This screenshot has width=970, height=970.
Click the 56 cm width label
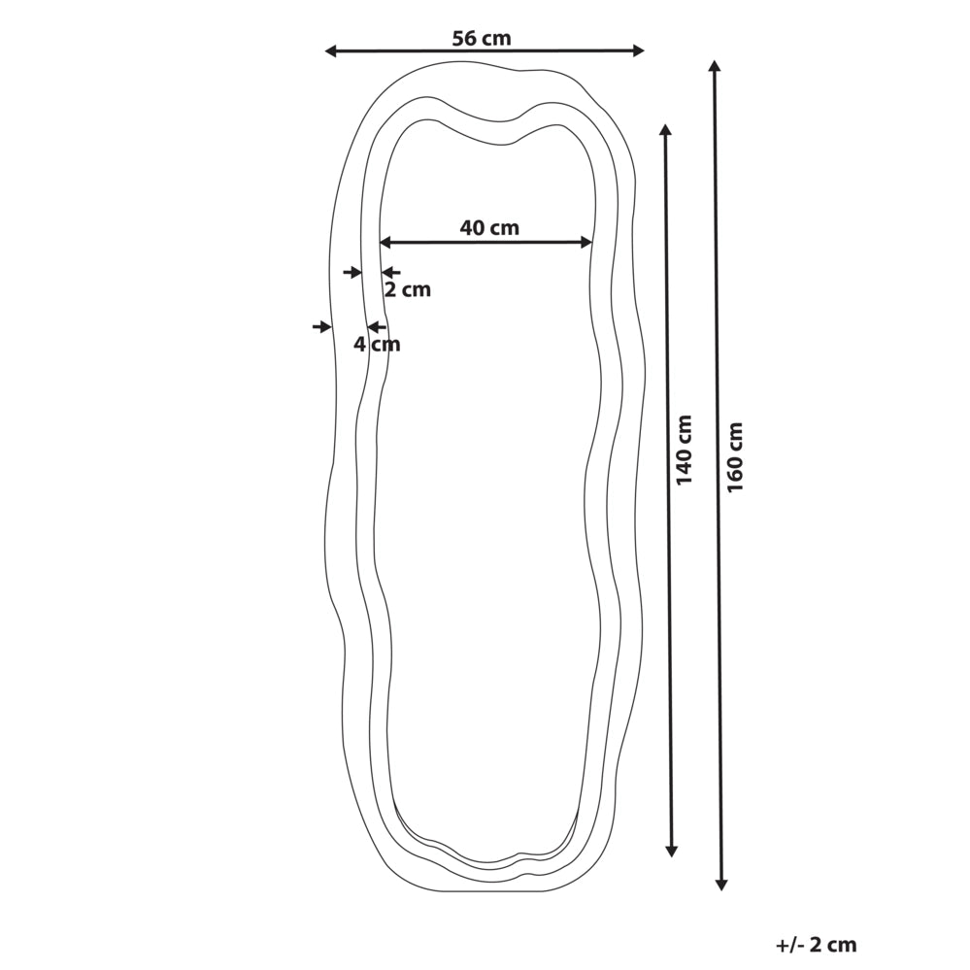click(x=482, y=39)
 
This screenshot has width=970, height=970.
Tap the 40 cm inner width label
click(x=489, y=227)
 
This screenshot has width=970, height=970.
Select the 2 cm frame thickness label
click(x=407, y=289)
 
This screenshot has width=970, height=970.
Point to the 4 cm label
click(x=377, y=344)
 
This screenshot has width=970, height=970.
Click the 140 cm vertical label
click(x=685, y=450)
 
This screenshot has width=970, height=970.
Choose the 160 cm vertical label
click(x=735, y=457)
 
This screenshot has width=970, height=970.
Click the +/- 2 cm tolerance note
click(x=816, y=945)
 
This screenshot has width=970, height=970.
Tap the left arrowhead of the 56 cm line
click(x=330, y=51)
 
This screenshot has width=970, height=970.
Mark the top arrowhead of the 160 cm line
click(x=715, y=66)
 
